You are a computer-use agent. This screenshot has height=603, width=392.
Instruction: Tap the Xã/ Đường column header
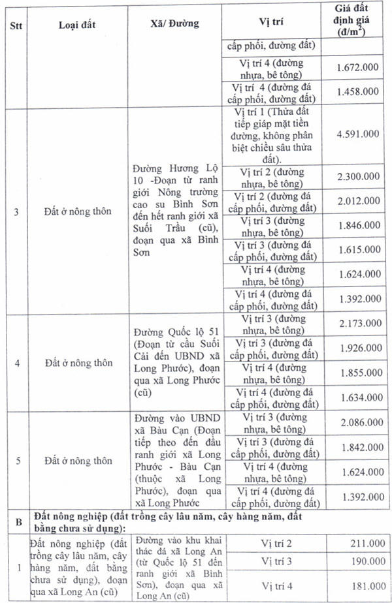click(174, 24)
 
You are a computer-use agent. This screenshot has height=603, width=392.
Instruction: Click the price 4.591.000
click(357, 134)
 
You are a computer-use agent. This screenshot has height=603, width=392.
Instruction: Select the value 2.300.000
click(357, 177)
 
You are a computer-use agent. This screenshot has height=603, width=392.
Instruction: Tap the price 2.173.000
click(357, 324)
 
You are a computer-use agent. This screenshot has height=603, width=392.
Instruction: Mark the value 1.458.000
click(357, 92)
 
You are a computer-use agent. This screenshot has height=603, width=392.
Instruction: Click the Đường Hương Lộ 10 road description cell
click(174, 211)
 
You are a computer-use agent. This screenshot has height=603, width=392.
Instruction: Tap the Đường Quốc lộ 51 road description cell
click(174, 362)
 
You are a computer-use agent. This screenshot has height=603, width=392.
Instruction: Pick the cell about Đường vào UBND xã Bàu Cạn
click(174, 459)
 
